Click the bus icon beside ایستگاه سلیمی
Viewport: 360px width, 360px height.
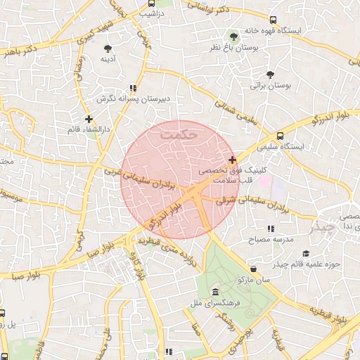[281, 135]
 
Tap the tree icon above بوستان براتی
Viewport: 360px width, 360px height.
[270, 75]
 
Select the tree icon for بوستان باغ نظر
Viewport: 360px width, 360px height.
[234, 36]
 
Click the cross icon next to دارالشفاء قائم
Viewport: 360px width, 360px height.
[88, 119]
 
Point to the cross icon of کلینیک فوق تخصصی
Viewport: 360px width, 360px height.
[232, 160]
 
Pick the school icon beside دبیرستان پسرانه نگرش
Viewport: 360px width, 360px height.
[132, 89]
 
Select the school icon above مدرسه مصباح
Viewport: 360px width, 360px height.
[270, 229]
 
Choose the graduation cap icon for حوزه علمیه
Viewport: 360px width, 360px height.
[305, 253]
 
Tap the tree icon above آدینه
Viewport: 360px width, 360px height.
[108, 48]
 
